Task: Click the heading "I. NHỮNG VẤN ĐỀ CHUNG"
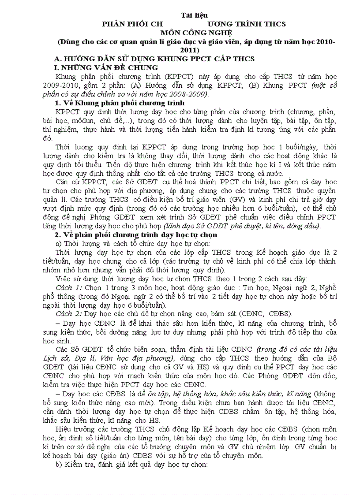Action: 105,67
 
